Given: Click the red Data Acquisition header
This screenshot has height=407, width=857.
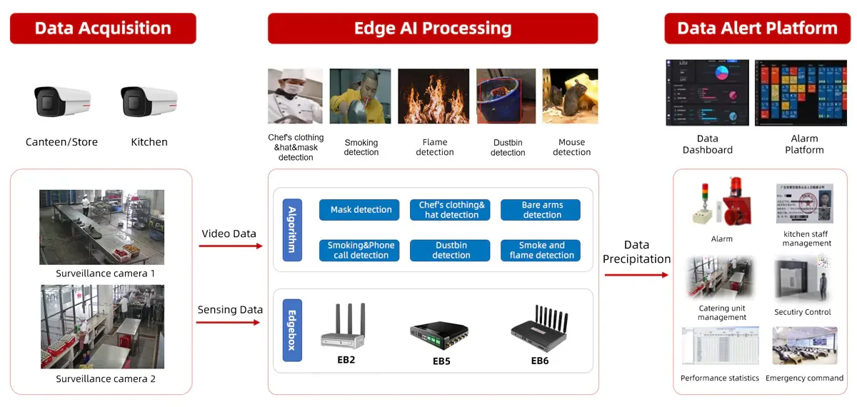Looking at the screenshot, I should pos(103,29).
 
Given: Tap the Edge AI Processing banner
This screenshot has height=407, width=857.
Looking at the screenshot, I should pos(433,29).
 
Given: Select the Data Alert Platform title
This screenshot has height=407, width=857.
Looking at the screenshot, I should pos(757,29).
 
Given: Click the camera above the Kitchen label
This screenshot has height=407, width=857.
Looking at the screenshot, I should pos(149,101).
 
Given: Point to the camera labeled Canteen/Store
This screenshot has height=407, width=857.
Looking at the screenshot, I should pos(63,101).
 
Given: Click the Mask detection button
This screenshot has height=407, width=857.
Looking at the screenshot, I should pos(361,210).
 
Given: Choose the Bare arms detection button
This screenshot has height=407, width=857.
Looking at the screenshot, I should pos(542,210).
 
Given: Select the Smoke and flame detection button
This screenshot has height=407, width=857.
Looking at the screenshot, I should pos(542,250).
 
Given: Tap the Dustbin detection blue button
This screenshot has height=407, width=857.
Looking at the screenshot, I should pos(451,250).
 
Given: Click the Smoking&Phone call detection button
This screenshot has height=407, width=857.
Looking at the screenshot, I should pos(361,250).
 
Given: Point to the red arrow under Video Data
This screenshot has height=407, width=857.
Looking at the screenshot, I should pos(230,246).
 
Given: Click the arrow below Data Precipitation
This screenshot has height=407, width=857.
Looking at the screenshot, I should pos(636,274).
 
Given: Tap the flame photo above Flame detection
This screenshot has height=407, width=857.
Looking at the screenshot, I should pos(433,96).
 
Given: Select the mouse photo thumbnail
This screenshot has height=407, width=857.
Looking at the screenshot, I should pos(570,96).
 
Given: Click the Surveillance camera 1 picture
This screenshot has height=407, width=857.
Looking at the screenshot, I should pos(101,227).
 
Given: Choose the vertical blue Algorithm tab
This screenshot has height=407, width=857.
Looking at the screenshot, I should pos(291,230).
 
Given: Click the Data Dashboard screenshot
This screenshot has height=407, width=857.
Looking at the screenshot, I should pos(707,93).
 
